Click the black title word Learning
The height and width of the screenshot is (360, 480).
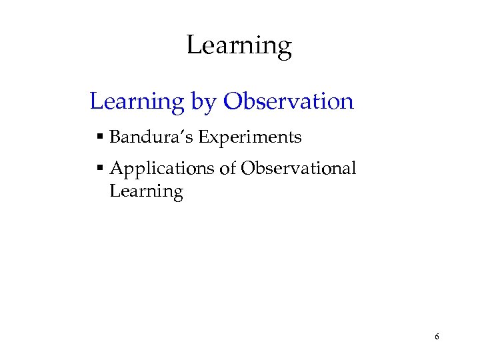pyautogui.click(x=239, y=46)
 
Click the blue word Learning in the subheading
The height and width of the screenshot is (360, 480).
pyautogui.click(x=137, y=102)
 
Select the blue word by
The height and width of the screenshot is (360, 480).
pyautogui.click(x=203, y=102)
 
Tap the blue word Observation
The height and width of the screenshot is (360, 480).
pyautogui.click(x=288, y=101)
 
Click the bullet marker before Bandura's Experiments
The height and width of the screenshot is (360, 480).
pyautogui.click(x=99, y=137)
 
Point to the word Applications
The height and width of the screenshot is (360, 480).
pyautogui.click(x=162, y=169)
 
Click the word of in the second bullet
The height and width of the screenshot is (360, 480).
pyautogui.click(x=227, y=169)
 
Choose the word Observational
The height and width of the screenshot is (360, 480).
pyautogui.click(x=298, y=169)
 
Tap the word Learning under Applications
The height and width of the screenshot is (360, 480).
pyautogui.click(x=146, y=192)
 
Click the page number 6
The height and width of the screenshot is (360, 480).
pyautogui.click(x=436, y=337)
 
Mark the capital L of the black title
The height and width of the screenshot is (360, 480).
pyautogui.click(x=193, y=45)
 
